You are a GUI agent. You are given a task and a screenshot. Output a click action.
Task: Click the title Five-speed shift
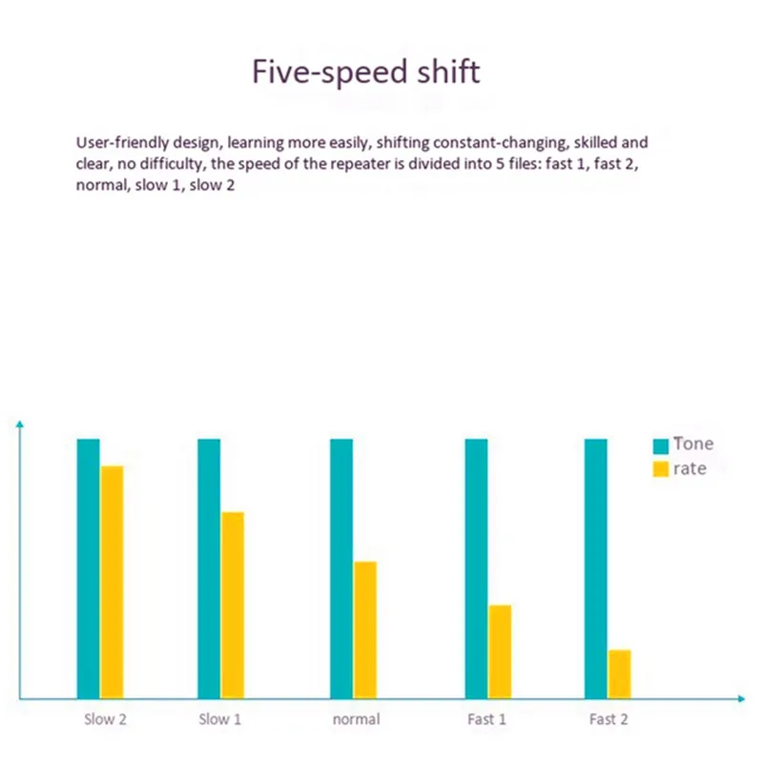click(365, 72)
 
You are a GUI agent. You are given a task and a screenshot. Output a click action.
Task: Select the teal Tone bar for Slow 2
click(88, 567)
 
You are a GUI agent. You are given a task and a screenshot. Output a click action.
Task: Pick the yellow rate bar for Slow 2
click(113, 582)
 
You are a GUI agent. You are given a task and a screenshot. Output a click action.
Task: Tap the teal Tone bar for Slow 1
click(209, 567)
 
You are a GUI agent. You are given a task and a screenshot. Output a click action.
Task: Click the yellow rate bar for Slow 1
click(233, 605)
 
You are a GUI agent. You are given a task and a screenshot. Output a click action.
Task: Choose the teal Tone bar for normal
click(341, 567)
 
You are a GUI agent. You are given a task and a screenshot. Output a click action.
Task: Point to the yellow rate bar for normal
click(365, 629)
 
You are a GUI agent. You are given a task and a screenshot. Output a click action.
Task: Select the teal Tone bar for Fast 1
click(476, 567)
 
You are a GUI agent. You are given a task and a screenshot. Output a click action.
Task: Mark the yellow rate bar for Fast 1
click(500, 651)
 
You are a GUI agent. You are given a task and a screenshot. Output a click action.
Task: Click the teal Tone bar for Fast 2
click(595, 567)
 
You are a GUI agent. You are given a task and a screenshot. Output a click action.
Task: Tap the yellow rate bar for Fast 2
click(620, 673)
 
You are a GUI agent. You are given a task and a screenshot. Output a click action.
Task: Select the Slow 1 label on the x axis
click(219, 719)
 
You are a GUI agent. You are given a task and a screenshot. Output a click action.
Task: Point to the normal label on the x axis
click(356, 719)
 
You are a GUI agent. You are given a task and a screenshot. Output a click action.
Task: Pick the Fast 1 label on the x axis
click(487, 719)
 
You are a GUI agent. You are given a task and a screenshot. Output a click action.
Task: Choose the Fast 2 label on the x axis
click(608, 719)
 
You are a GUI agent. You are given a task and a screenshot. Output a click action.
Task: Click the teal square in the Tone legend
click(660, 445)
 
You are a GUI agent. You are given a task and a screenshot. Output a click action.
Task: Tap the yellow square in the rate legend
click(660, 469)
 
